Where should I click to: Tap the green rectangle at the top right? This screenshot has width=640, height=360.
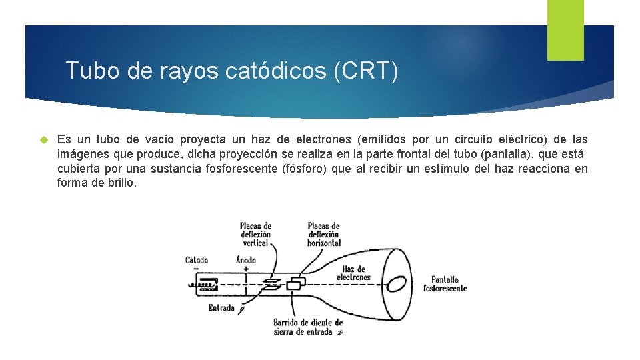565,29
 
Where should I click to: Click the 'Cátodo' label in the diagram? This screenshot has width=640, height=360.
197,260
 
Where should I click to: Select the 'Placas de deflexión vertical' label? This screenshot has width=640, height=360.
255,235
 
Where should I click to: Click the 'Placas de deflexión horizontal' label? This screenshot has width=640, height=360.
323,235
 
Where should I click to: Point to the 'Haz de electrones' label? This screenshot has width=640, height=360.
353,273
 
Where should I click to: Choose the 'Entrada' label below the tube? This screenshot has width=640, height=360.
221,308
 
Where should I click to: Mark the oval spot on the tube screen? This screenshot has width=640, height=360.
397,283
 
